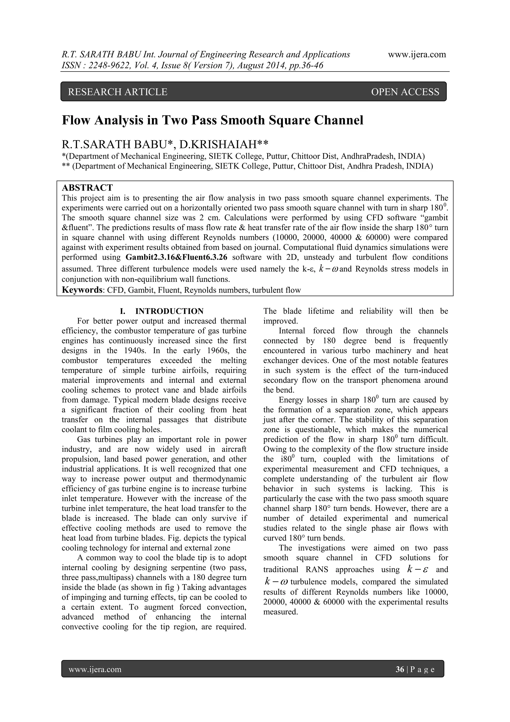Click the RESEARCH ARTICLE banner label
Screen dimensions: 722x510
point(118,92)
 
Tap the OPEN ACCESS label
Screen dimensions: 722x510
point(405,92)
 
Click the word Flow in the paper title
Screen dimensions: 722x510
point(76,120)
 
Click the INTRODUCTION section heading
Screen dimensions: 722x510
point(169,311)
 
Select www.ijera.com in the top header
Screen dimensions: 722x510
point(417,54)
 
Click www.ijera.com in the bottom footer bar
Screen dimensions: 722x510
point(95,669)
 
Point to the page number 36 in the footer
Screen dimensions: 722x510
point(400,669)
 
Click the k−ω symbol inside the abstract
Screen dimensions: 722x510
point(328,269)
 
